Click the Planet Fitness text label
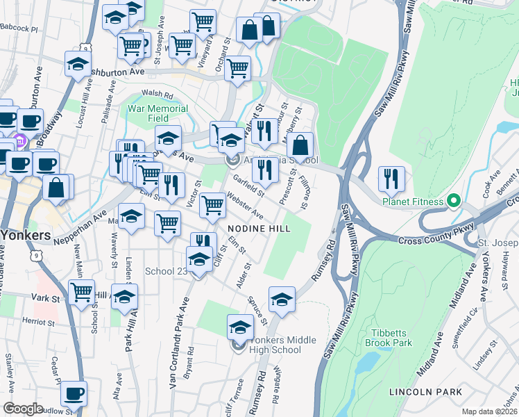tap(412, 202)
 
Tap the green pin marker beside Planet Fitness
tap(454, 201)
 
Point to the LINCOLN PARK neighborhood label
tap(425, 392)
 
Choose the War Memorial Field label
tap(158, 113)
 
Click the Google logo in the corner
tap(23, 408)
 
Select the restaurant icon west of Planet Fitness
tap(391, 179)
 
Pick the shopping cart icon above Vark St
tap(82, 293)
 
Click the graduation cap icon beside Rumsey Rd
tap(282, 300)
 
